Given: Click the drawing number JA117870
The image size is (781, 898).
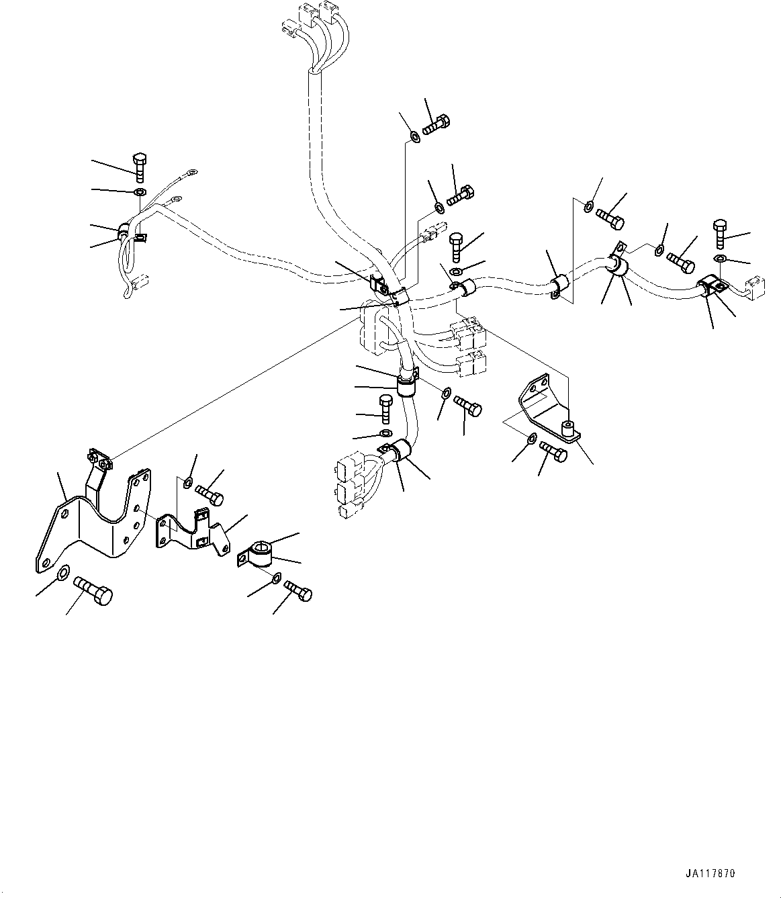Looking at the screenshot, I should [711, 874].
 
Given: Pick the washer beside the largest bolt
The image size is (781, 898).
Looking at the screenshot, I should [62, 572].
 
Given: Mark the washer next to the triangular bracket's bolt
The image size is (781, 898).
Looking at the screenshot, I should [531, 439].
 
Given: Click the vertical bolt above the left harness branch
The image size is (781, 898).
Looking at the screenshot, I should [140, 167].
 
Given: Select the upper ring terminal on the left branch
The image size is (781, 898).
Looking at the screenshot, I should [192, 177].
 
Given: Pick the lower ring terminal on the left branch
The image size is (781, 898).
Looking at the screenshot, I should [177, 199].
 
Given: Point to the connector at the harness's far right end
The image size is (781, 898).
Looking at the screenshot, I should [755, 288].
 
